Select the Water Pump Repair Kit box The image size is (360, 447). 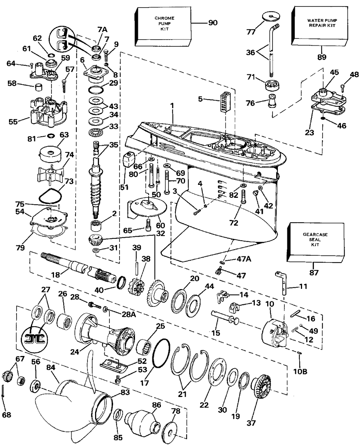[319, 26]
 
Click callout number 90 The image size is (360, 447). [213, 23]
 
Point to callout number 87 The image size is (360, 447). [314, 273]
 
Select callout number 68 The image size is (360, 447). [6, 415]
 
